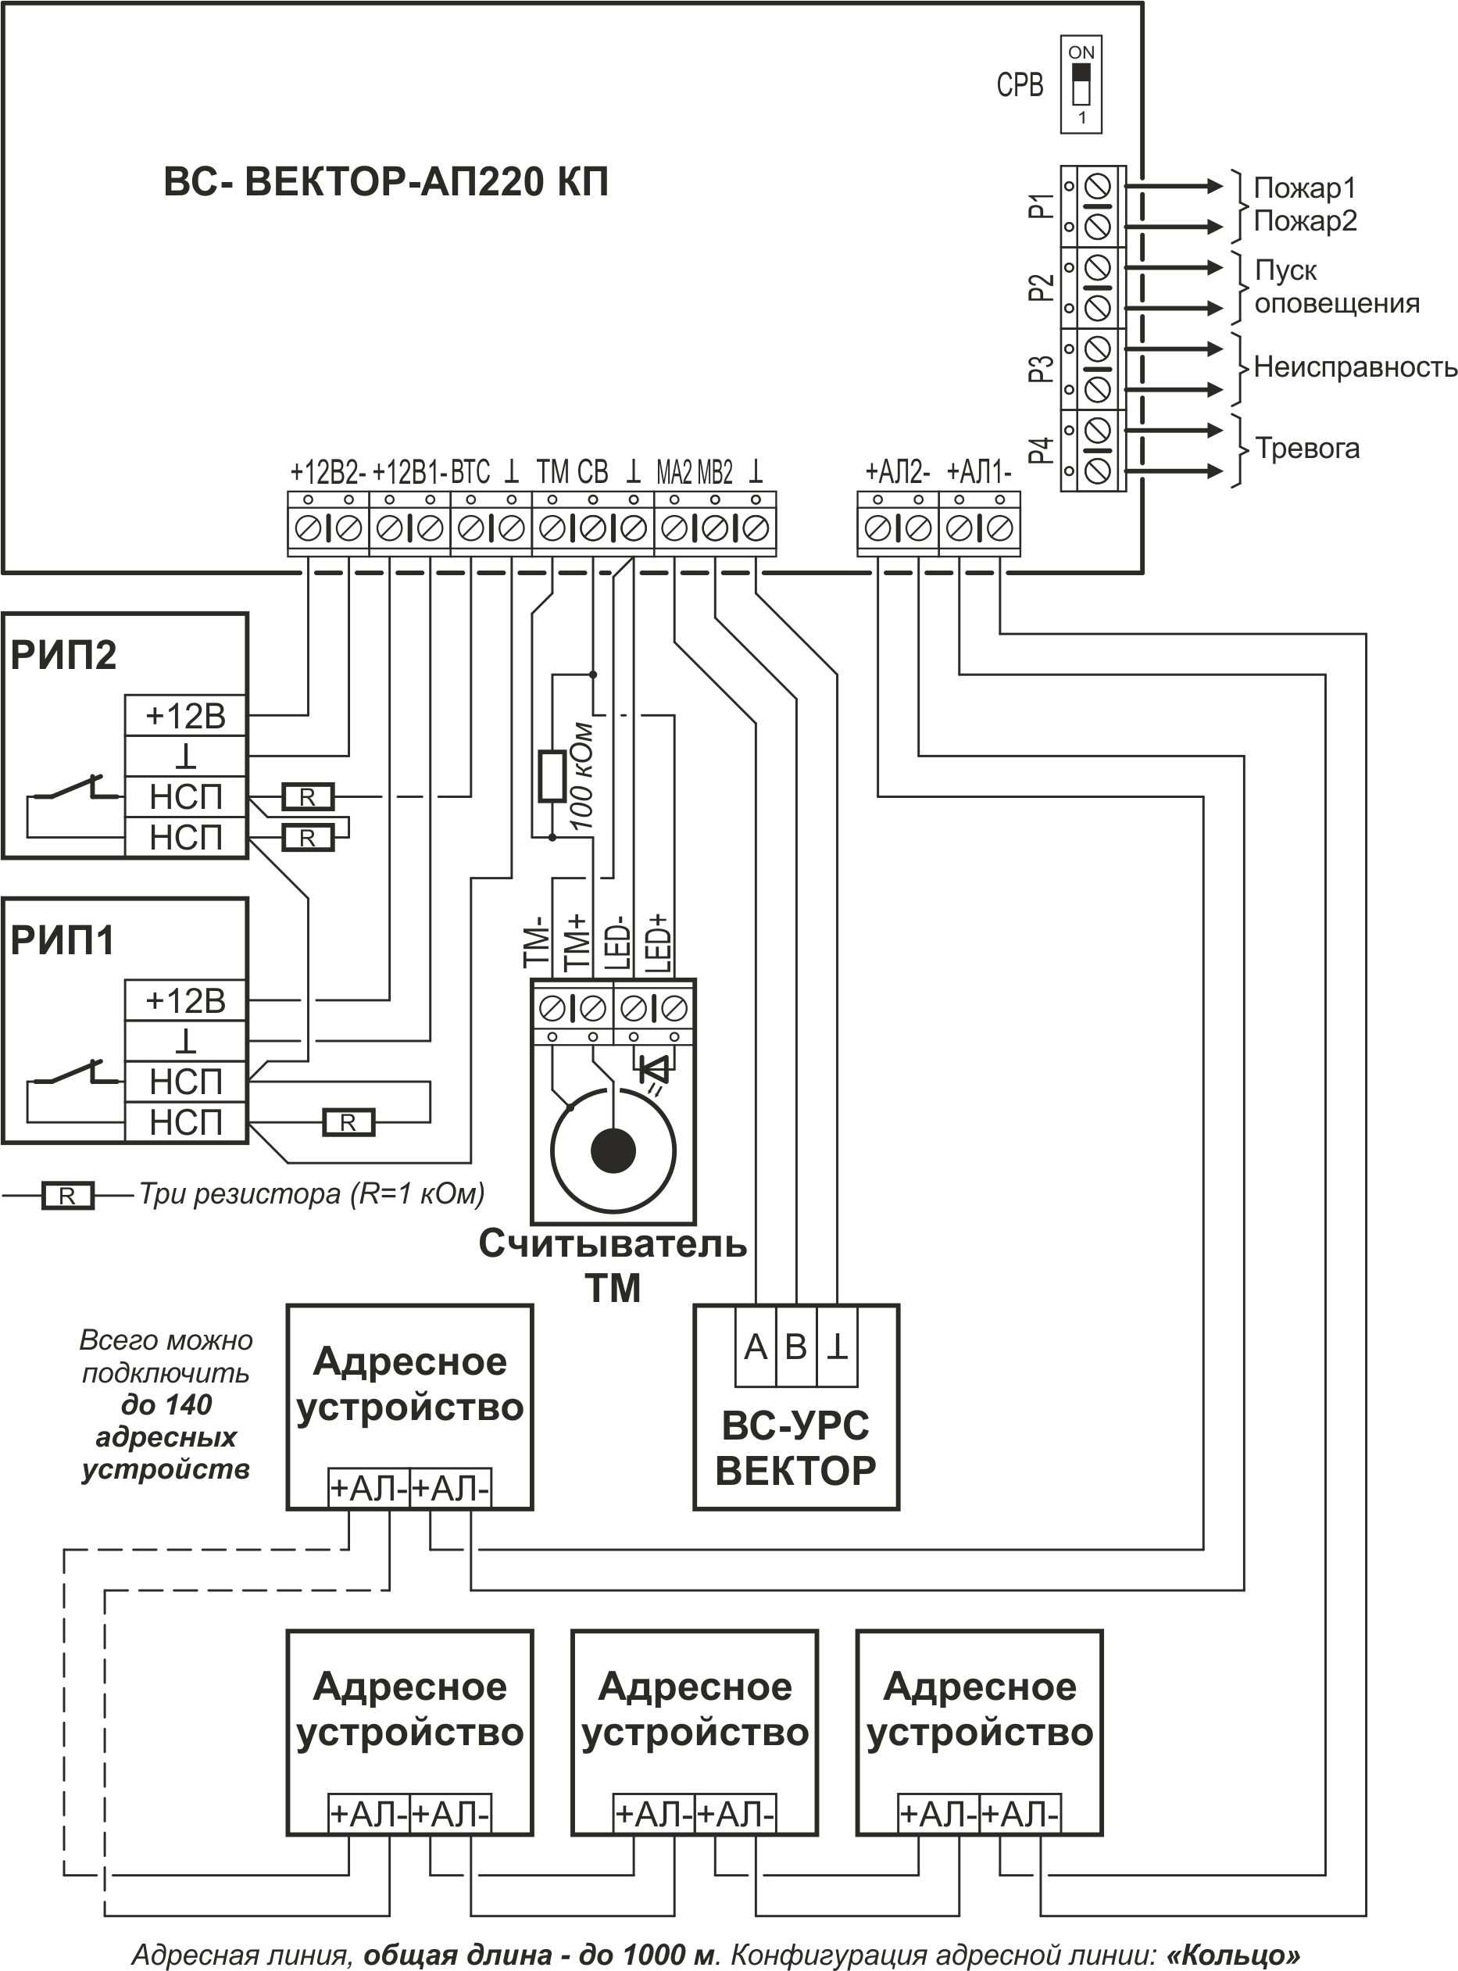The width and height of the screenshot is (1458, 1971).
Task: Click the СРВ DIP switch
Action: pyautogui.click(x=1081, y=84)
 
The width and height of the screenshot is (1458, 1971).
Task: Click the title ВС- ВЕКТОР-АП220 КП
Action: pyautogui.click(x=387, y=183)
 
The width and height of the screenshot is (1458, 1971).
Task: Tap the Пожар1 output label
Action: pyautogui.click(x=1304, y=188)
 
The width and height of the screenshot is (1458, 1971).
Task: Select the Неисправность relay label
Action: pyautogui.click(x=1355, y=367)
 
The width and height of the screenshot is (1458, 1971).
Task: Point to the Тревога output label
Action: pyautogui.click(x=1307, y=449)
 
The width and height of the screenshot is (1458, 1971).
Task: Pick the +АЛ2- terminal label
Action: pyautogui.click(x=898, y=472)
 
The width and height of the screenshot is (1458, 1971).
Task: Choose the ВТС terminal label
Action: pyautogui.click(x=470, y=472)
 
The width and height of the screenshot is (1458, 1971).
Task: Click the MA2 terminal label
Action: pyautogui.click(x=674, y=473)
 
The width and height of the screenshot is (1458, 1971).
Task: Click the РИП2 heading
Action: pyautogui.click(x=63, y=655)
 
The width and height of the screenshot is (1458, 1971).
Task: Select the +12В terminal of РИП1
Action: pyautogui.click(x=185, y=1001)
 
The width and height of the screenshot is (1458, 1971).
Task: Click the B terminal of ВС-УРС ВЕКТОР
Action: pyautogui.click(x=796, y=1347)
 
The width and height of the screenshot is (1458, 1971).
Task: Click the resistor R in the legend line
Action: pyautogui.click(x=68, y=1196)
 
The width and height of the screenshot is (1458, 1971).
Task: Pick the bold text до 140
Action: pyautogui.click(x=166, y=1404)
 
